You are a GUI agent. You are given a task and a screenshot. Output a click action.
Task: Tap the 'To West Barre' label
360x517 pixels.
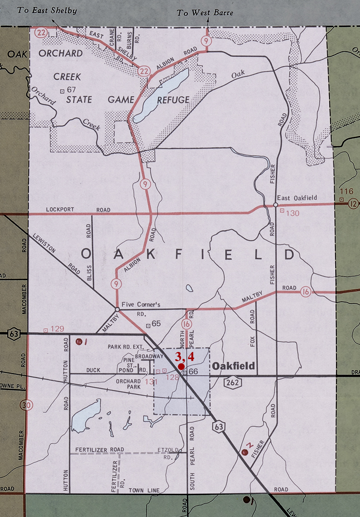pyautogui.click(x=205, y=12)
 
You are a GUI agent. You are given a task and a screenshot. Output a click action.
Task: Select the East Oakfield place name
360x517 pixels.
pyautogui.click(x=297, y=198)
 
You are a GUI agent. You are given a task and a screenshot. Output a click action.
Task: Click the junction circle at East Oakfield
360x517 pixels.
pyautogui.click(x=275, y=205)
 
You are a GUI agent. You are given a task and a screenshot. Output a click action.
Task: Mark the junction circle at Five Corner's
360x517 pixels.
pyautogui.click(x=117, y=309)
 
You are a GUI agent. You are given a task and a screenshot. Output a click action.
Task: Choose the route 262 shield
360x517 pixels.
pyautogui.click(x=233, y=383)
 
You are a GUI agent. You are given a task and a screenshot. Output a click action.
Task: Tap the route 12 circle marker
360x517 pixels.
pyautogui.click(x=353, y=203)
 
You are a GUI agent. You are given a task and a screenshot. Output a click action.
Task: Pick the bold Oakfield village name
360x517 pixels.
pyautogui.click(x=233, y=366)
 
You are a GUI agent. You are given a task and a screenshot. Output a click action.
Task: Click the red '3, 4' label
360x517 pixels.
pyautogui.click(x=185, y=356)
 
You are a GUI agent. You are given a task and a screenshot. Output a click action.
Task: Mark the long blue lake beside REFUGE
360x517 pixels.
pyautogui.click(x=161, y=95)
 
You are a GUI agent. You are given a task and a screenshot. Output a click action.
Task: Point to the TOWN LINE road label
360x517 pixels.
pyautogui.click(x=144, y=490)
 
